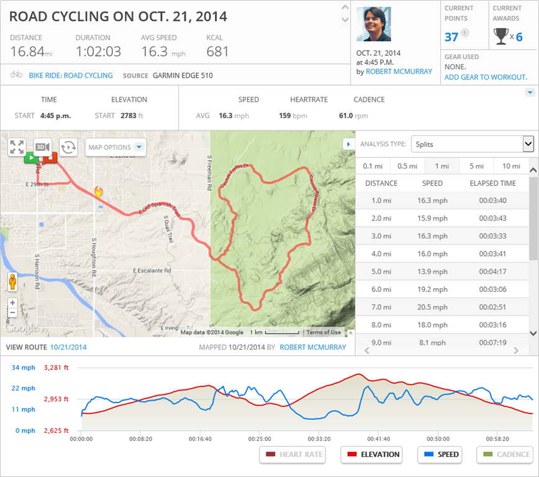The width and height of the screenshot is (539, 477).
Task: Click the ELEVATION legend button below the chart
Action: pyautogui.click(x=371, y=454)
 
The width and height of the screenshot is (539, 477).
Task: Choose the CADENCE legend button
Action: pyautogui.click(x=504, y=454)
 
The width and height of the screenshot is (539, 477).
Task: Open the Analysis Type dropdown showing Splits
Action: pyautogui.click(x=472, y=144)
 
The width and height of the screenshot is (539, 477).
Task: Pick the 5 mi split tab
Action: pyautogui.click(x=476, y=166)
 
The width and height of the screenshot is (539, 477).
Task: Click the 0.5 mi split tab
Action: pyautogui.click(x=407, y=166)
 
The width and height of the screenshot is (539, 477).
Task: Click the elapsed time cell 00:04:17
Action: pyautogui.click(x=493, y=271)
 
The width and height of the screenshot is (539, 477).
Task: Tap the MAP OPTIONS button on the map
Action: pyautogui.click(x=115, y=147)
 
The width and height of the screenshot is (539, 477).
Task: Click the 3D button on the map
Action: pyautogui.click(x=42, y=147)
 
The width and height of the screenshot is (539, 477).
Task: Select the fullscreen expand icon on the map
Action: pyautogui.click(x=17, y=147)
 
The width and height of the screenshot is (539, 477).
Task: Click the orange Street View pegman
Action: pyautogui.click(x=12, y=282)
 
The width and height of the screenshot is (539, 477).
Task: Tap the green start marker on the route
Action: pyautogui.click(x=30, y=158)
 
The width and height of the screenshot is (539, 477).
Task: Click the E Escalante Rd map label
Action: pyautogui.click(x=152, y=271)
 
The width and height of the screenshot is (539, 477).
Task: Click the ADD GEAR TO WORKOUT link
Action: pyautogui.click(x=486, y=77)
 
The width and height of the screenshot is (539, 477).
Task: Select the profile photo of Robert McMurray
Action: pyautogui.click(x=374, y=24)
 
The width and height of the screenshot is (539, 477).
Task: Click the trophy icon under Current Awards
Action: pyautogui.click(x=500, y=36)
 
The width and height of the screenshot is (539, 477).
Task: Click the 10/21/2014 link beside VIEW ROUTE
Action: pyautogui.click(x=68, y=347)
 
